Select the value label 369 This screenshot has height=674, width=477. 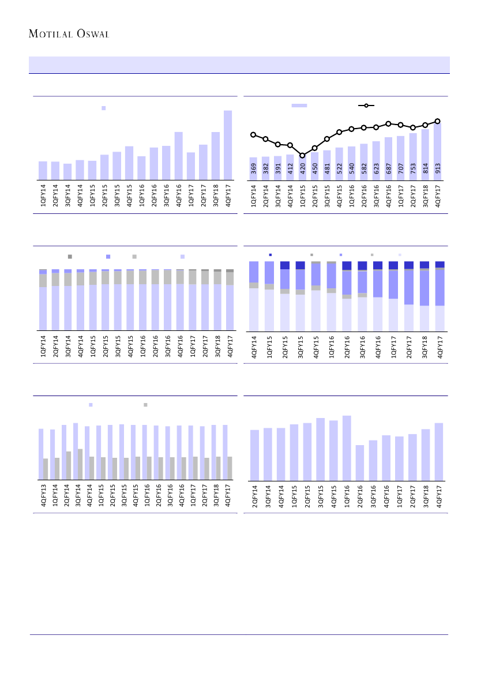coord(253,169)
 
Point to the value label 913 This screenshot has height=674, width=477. coord(437,169)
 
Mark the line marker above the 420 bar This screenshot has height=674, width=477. coord(302,156)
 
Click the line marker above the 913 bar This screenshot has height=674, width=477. coord(437,121)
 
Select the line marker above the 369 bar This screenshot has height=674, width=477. coord(253,135)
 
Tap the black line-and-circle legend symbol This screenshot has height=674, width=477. coord(366,106)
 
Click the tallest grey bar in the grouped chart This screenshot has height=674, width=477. coord(80,464)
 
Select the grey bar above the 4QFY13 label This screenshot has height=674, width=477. coord(46,469)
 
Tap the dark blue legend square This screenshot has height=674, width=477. coord(271,255)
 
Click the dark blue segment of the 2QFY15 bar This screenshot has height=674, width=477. coord(284,265)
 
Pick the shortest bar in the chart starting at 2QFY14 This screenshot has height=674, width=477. coord(360,462)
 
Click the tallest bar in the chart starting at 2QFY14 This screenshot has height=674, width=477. coord(347,447)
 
